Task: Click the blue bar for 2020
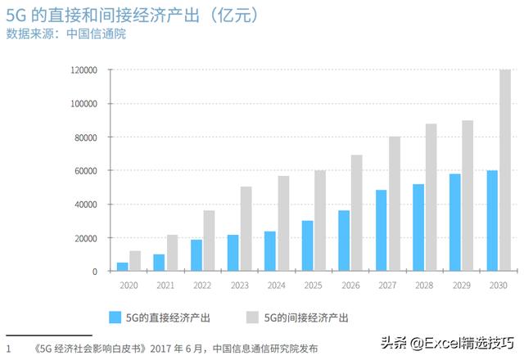(x=122, y=267)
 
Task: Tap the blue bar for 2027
(x=382, y=231)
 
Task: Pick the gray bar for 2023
(x=246, y=229)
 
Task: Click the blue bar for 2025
(x=307, y=246)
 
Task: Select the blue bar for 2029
(x=455, y=223)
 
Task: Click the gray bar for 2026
(x=356, y=213)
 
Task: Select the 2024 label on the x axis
(x=276, y=286)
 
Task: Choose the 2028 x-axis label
(x=424, y=286)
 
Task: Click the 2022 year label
(x=202, y=286)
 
